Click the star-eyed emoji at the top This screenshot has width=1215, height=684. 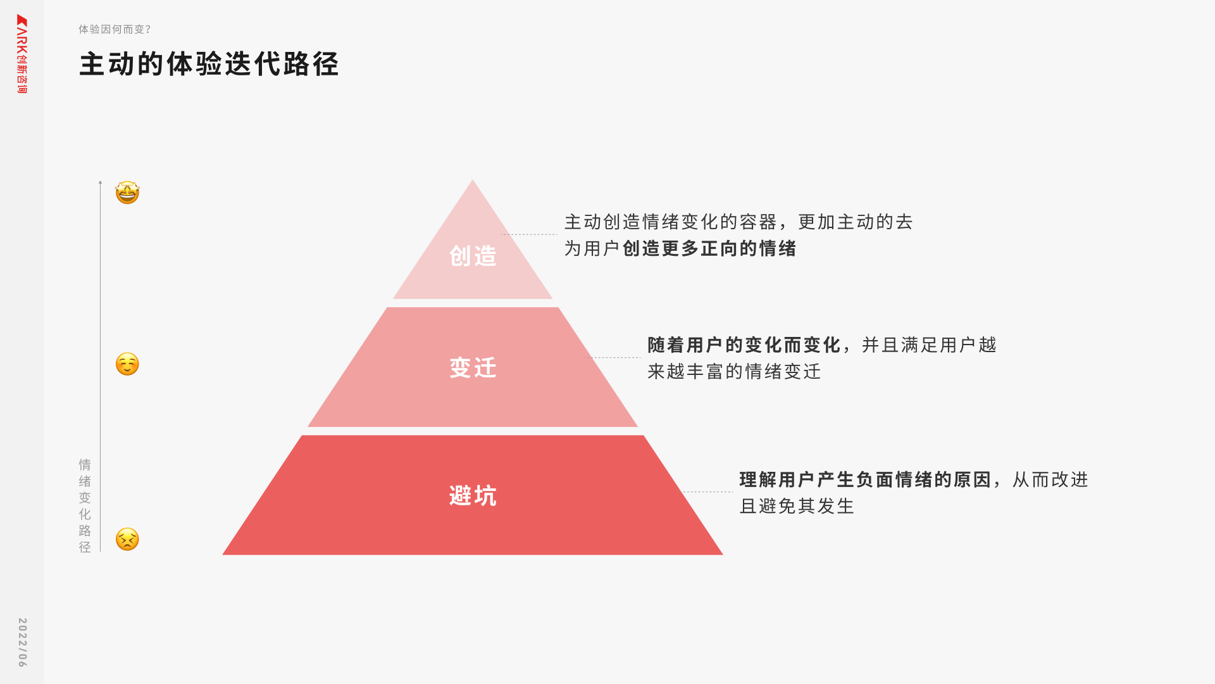point(127,193)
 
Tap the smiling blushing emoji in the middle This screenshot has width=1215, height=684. point(127,364)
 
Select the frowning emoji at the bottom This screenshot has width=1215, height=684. point(127,540)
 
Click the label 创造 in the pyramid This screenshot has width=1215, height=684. point(473,256)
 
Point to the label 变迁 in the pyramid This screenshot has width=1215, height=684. point(473,368)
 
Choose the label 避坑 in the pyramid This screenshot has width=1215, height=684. point(473,496)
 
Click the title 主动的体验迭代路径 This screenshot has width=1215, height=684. point(209,65)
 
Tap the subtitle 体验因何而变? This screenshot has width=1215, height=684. point(115,29)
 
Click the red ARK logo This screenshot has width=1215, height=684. point(22,54)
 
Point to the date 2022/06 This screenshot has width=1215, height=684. point(22,642)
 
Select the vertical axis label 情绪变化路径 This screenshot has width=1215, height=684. point(85,505)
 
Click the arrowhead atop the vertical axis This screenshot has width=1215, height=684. point(100,182)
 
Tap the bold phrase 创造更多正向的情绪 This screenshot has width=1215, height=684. point(709,249)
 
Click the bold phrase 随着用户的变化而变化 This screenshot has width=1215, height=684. point(744,345)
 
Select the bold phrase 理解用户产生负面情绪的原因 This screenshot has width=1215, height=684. point(865,480)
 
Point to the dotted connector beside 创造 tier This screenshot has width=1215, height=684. point(529,234)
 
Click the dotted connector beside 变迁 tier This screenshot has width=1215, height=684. point(613,358)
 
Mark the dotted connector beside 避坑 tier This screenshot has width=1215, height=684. point(707,492)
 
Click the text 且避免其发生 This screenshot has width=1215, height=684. point(797,507)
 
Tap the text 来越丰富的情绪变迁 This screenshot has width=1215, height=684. point(734,372)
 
